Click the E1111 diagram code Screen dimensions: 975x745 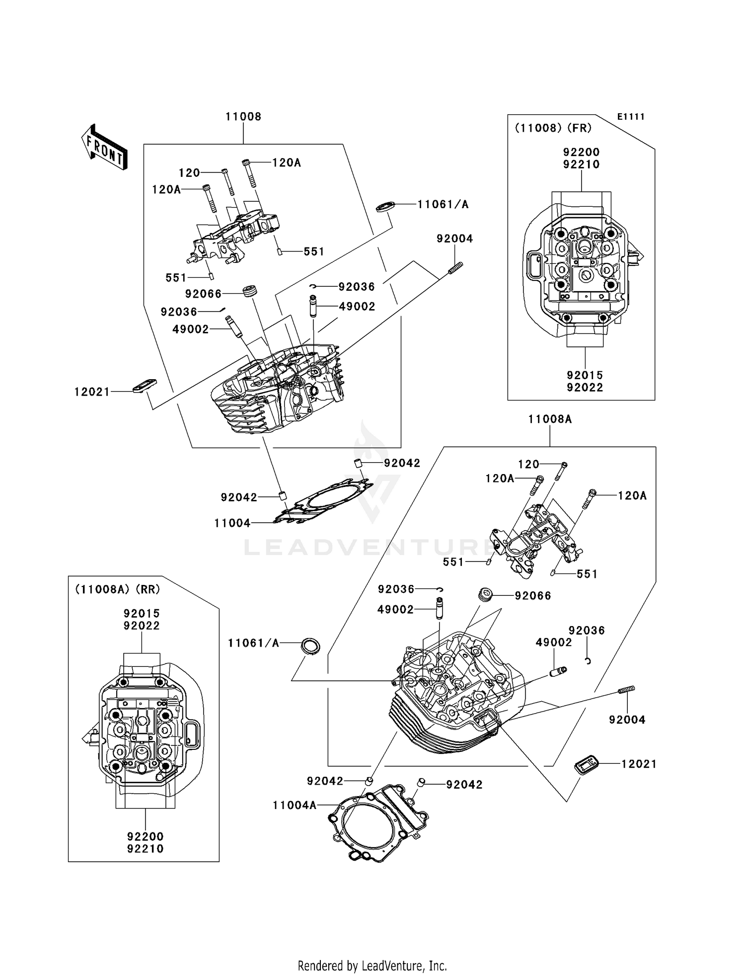(630, 117)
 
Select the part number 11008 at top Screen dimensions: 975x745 (243, 116)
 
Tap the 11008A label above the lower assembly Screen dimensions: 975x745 (549, 419)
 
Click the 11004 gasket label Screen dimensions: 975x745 (232, 523)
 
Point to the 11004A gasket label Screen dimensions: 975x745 (294, 805)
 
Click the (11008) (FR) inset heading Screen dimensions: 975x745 (553, 128)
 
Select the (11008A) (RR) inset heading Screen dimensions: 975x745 (117, 589)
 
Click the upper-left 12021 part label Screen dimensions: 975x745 (92, 392)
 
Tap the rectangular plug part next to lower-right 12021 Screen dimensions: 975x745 (586, 764)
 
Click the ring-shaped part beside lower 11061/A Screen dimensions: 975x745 (311, 646)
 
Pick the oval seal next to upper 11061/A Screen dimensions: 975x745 (385, 206)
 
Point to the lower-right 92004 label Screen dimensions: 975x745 (627, 720)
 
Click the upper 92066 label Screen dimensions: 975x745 (203, 294)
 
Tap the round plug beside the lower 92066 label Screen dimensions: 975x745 (484, 594)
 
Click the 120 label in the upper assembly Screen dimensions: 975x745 (189, 173)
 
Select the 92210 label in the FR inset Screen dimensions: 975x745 (581, 164)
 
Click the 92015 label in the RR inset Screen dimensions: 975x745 (142, 613)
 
